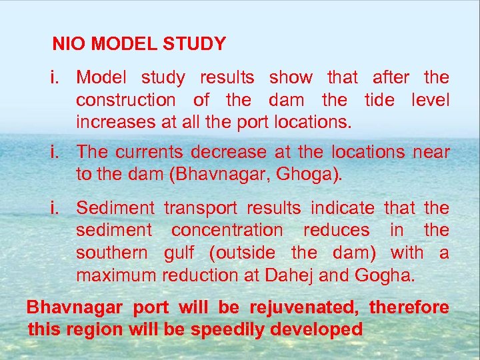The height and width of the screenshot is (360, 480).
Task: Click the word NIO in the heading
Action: tap(69, 45)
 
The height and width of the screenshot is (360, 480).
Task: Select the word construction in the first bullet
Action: tap(125, 101)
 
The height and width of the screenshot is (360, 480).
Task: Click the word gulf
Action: tap(179, 253)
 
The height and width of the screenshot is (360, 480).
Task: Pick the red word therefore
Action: tap(409, 308)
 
